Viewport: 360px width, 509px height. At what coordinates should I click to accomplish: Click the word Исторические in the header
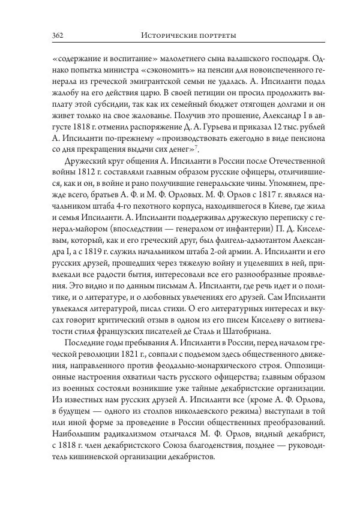click(169, 36)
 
